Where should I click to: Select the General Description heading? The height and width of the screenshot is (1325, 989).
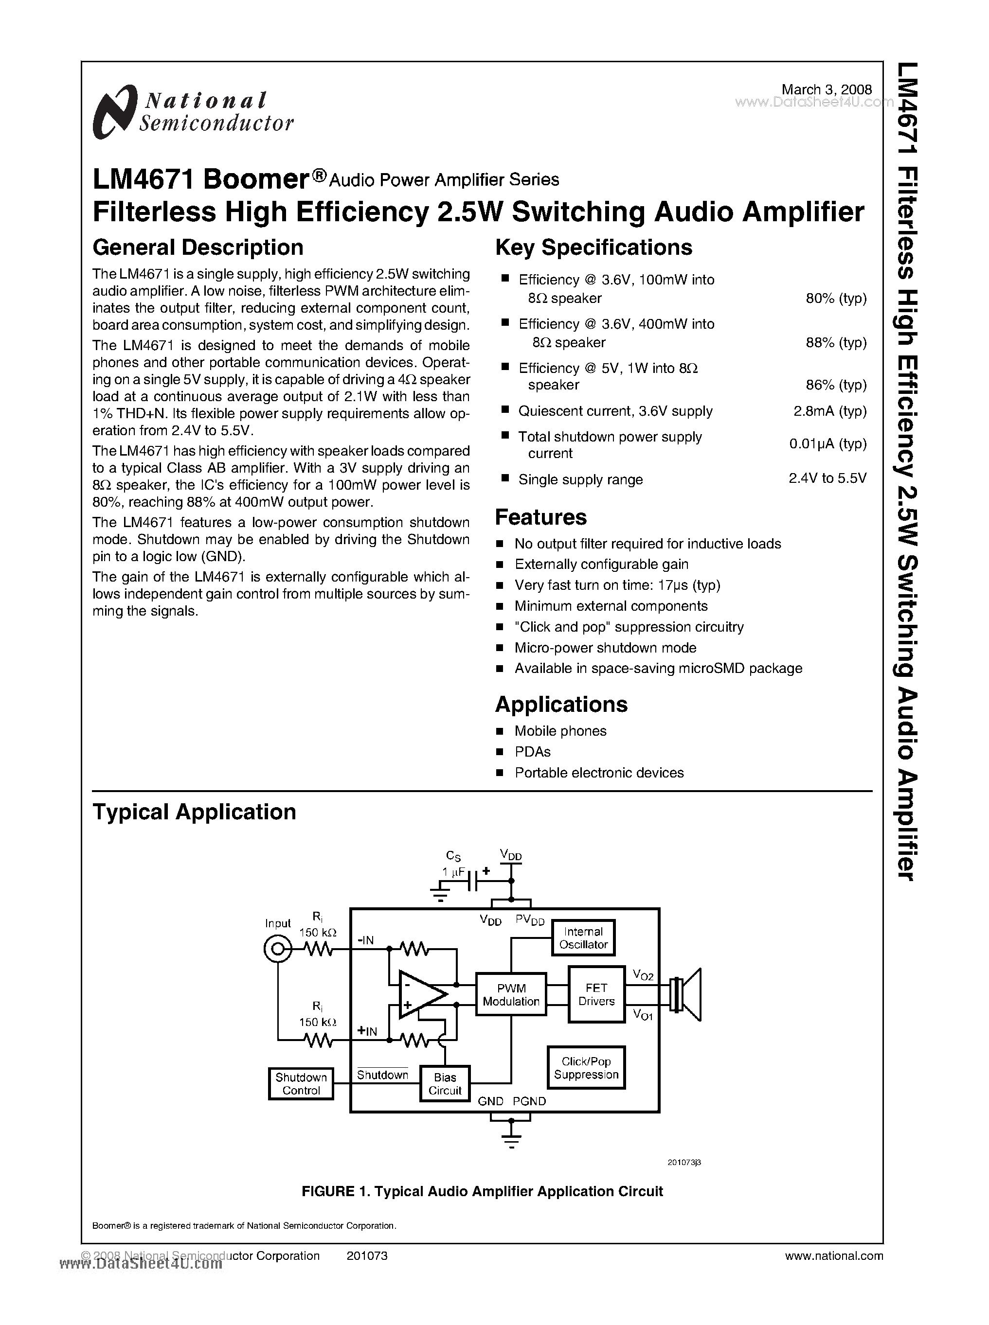198,247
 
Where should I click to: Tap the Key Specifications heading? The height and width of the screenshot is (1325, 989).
593,247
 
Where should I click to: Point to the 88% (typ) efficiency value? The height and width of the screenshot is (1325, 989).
836,342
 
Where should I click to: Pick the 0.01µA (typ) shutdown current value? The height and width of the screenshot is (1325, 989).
827,443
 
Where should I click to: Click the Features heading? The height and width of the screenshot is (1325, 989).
540,517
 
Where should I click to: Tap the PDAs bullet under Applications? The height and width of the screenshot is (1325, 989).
532,752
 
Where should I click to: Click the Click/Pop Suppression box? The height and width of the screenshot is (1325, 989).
586,1068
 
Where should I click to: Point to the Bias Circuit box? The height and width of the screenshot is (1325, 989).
445,1084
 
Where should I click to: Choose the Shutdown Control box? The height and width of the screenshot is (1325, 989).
301,1084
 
